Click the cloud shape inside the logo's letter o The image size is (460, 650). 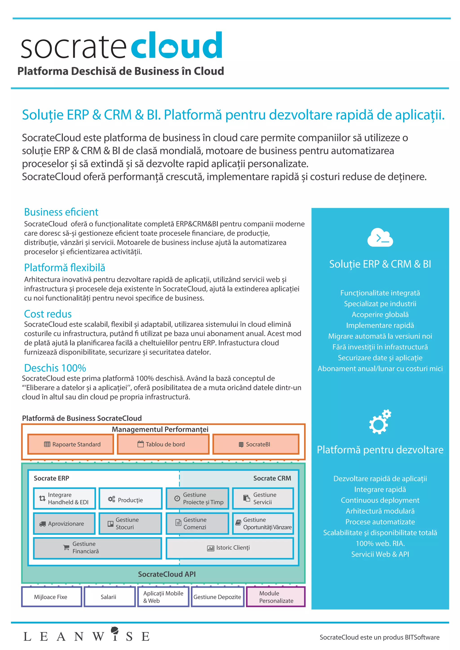pyautogui.click(x=171, y=48)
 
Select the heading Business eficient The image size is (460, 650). pyautogui.click(x=61, y=212)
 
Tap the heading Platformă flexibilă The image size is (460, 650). pyautogui.click(x=65, y=268)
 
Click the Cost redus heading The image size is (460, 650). pyautogui.click(x=48, y=314)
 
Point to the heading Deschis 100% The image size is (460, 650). pyautogui.click(x=55, y=368)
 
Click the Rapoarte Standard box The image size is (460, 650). pyautogui.click(x=71, y=444)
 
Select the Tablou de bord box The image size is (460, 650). pyautogui.click(x=163, y=444)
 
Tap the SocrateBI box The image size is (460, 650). pyautogui.click(x=256, y=444)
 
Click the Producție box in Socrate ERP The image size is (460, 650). pyautogui.click(x=130, y=498)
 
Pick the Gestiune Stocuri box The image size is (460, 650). pyautogui.click(x=130, y=523)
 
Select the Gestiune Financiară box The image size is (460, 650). pyautogui.click(x=97, y=548)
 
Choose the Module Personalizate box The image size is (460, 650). pyautogui.click(x=276, y=597)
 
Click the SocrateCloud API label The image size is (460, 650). pyautogui.click(x=167, y=574)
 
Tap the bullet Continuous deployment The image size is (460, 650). pyautogui.click(x=380, y=500)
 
